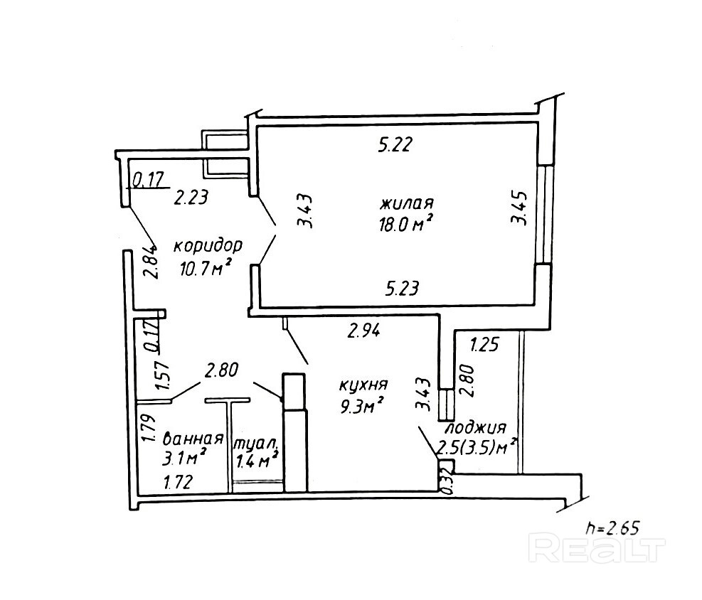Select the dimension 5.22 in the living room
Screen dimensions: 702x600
(x=395, y=146)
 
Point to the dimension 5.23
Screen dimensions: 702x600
(x=403, y=288)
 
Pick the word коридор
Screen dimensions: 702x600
(x=208, y=246)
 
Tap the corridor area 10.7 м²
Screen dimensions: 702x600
(x=207, y=268)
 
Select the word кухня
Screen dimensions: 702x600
(x=363, y=385)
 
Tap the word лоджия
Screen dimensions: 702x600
(x=475, y=428)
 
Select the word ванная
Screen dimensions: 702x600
(x=193, y=437)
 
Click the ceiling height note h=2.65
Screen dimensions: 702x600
(x=613, y=527)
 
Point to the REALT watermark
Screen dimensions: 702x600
(x=598, y=550)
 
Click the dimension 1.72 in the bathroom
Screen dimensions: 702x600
(x=179, y=483)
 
